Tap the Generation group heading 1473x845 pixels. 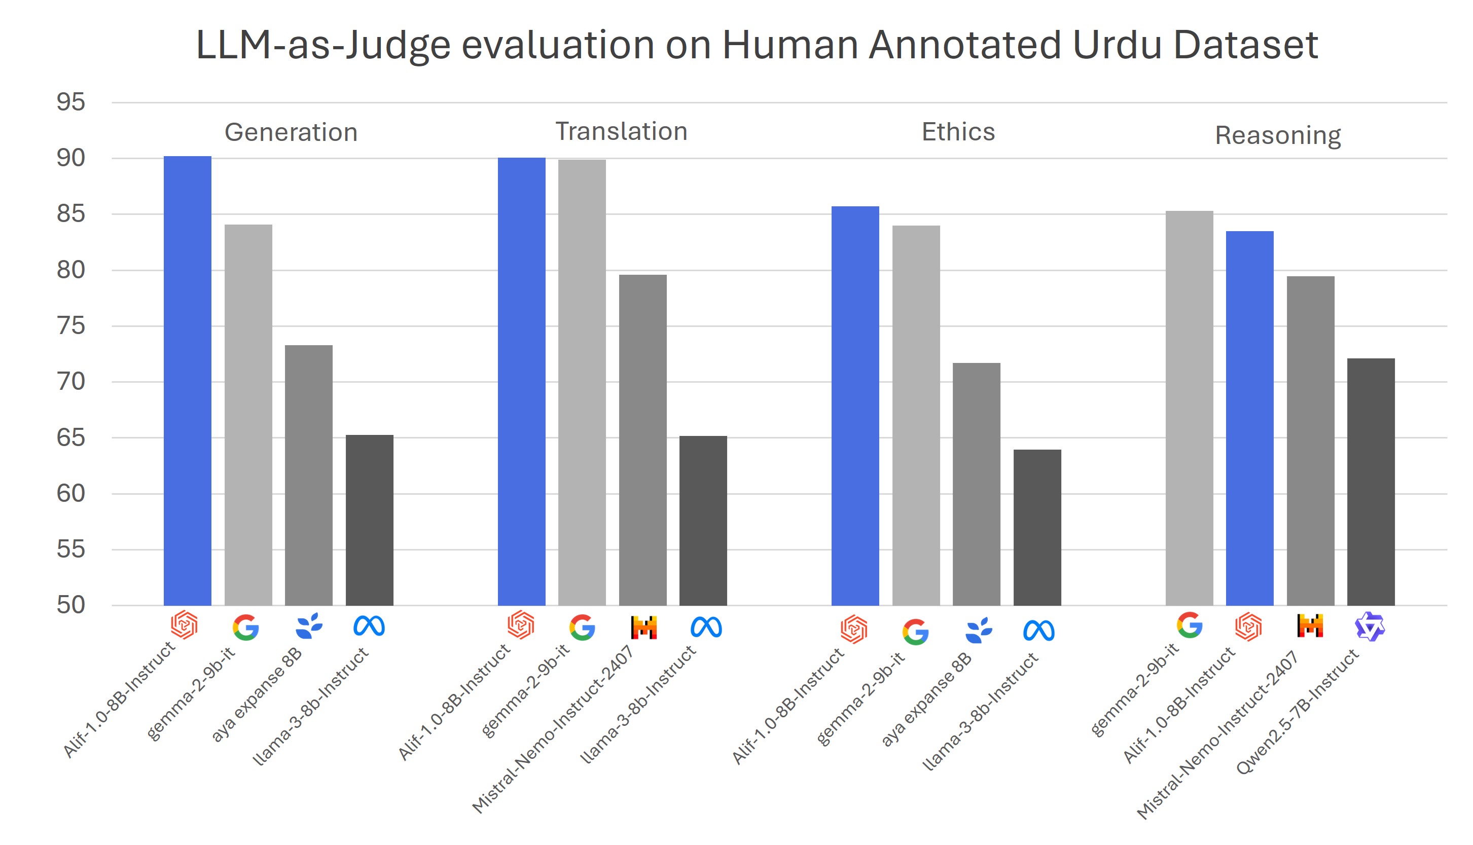(291, 132)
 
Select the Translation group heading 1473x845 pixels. (621, 131)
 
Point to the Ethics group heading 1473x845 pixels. (958, 132)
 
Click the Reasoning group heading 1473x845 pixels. (1278, 135)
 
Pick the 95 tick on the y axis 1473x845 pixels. (71, 102)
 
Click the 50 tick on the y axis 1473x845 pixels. (71, 605)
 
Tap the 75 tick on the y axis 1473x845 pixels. (71, 325)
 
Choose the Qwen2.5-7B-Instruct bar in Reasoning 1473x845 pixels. (1371, 482)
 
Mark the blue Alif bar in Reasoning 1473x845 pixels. (1249, 418)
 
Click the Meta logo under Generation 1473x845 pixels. (369, 626)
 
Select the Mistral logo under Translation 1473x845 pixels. (643, 627)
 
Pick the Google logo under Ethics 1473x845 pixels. (916, 632)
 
